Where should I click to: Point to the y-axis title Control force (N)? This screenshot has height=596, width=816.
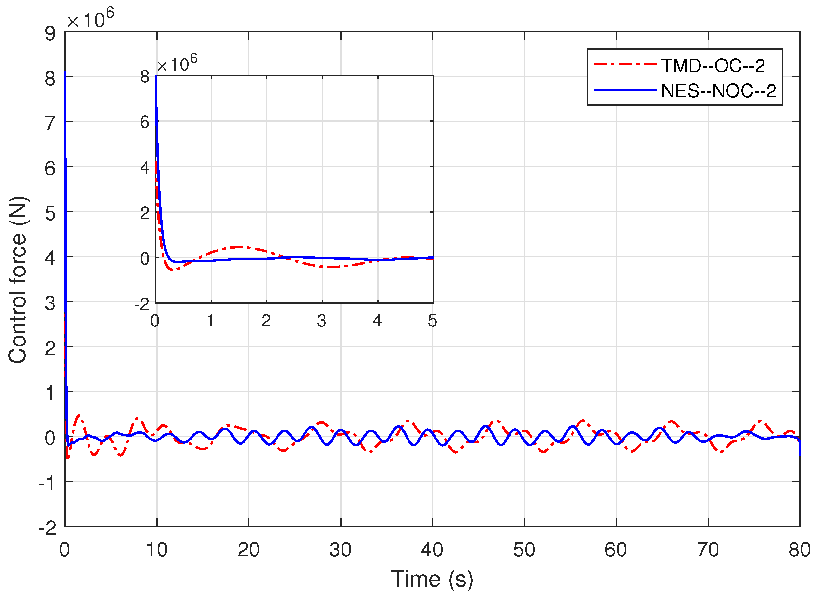18,280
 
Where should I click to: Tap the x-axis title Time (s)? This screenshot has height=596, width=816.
432,579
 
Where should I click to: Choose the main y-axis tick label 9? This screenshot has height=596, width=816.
50,33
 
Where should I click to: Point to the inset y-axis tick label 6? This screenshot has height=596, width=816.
145,122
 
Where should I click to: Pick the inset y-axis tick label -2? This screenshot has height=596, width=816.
142,305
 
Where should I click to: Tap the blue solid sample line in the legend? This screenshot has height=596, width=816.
625,90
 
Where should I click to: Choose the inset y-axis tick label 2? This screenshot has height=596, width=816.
145,213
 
